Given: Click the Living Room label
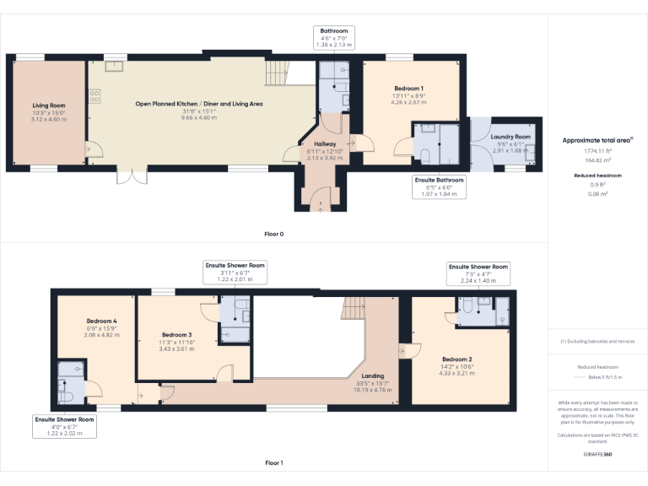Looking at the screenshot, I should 48,105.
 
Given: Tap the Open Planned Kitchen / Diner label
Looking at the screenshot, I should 199,104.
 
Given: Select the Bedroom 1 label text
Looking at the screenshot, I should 408,89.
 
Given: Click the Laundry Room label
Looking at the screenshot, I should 510,137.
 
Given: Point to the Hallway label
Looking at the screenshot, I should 325,144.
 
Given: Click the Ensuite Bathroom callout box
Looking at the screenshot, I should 439,186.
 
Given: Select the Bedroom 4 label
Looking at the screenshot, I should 101,321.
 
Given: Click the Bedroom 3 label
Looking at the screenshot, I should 177,335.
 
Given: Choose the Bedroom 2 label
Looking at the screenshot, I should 457,359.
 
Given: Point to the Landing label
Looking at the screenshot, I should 372,375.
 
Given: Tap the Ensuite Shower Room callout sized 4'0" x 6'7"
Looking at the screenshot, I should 63,425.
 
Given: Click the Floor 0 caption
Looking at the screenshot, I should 273,233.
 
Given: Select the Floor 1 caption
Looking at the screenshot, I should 273,462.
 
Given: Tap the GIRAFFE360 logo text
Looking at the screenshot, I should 597,453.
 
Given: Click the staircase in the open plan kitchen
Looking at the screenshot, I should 278,73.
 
